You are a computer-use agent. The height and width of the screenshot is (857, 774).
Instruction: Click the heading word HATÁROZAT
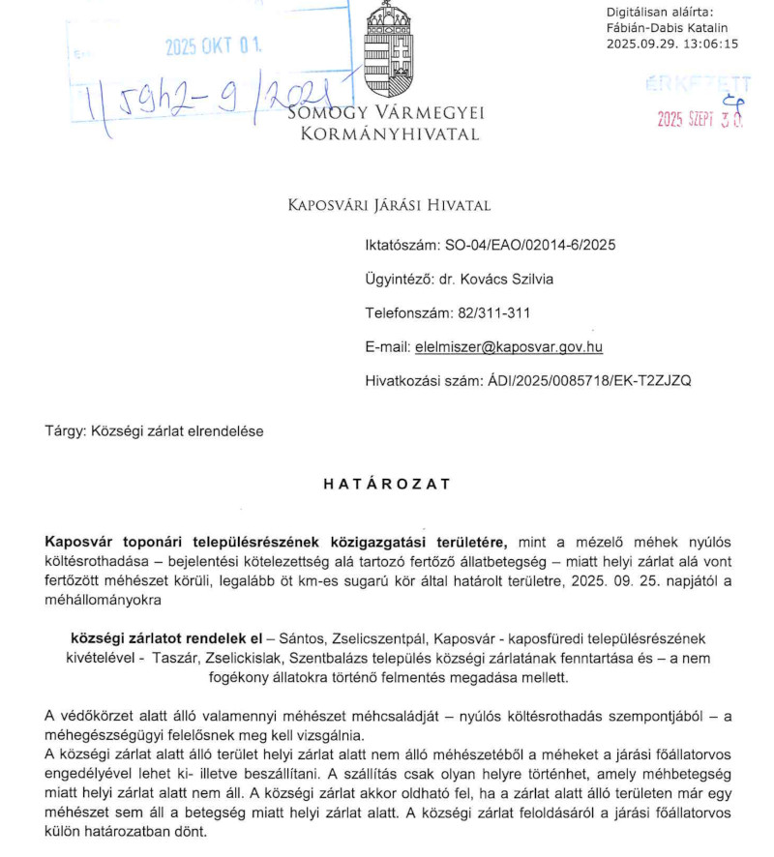point(387,485)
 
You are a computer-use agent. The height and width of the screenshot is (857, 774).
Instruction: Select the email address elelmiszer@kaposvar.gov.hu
point(508,346)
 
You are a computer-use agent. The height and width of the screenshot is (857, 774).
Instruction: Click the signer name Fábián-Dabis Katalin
point(666,28)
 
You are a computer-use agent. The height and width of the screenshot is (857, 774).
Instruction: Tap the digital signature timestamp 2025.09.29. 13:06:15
point(671,44)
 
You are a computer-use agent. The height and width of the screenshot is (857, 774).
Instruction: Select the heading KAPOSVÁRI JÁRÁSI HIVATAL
point(390,205)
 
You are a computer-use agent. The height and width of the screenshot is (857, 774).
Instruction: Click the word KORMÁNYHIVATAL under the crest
point(390,134)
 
